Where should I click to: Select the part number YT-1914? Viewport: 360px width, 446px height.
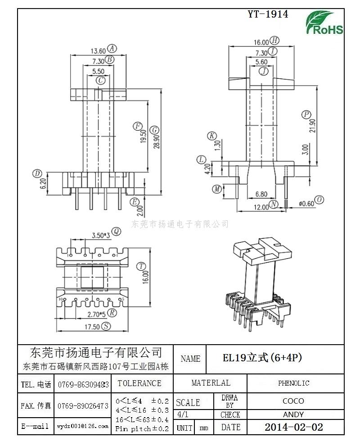coord(268,14)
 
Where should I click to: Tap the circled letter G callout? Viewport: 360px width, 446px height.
coord(155,130)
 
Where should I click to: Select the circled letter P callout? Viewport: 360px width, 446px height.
coord(306,114)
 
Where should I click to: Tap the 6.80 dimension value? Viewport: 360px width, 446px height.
coord(261,194)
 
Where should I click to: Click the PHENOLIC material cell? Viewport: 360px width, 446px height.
coord(293,383)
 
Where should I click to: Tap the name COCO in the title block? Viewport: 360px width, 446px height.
coord(293,401)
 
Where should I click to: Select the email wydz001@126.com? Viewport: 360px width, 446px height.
coord(82,426)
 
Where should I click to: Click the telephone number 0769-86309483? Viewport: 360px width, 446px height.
coord(83,384)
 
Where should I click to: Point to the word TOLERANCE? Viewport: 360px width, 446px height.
coord(139,383)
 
